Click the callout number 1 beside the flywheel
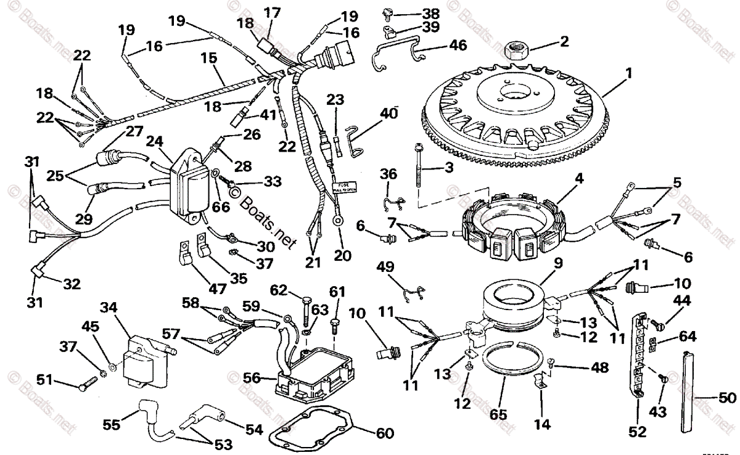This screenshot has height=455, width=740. (628, 73)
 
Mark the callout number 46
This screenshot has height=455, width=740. (458, 44)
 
